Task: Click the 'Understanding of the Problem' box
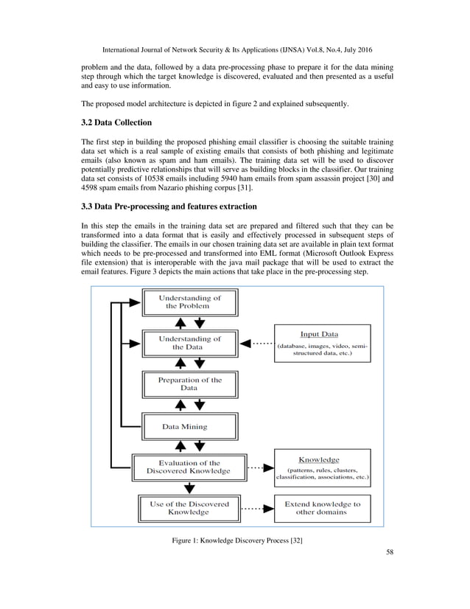point(189,302)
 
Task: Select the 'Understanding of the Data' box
point(189,343)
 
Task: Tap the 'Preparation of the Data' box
point(189,384)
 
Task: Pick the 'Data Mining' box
point(189,426)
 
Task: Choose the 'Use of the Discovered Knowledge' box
point(189,509)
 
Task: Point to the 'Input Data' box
point(323,344)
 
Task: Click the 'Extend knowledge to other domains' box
point(323,509)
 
